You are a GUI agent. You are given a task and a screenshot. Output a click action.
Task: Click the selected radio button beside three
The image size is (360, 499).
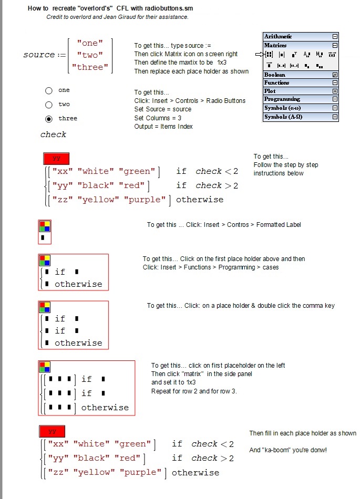tap(49, 119)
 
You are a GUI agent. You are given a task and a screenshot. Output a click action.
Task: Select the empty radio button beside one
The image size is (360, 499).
tap(49, 90)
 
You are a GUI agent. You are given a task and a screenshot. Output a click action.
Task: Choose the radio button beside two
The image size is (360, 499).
tap(49, 105)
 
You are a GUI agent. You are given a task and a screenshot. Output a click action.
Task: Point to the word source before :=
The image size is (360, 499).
tap(39, 55)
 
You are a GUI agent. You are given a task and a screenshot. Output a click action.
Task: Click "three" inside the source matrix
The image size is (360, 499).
tap(90, 67)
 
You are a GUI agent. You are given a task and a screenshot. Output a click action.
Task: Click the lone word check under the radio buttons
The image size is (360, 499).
tap(54, 135)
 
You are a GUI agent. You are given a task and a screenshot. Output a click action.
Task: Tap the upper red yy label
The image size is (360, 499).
tap(56, 158)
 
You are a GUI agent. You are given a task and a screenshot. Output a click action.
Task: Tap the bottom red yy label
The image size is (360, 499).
tap(52, 431)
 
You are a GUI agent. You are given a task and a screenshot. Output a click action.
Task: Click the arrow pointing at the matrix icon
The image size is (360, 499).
tap(259, 54)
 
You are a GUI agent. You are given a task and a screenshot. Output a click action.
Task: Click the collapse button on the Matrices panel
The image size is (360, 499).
tap(335, 46)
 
